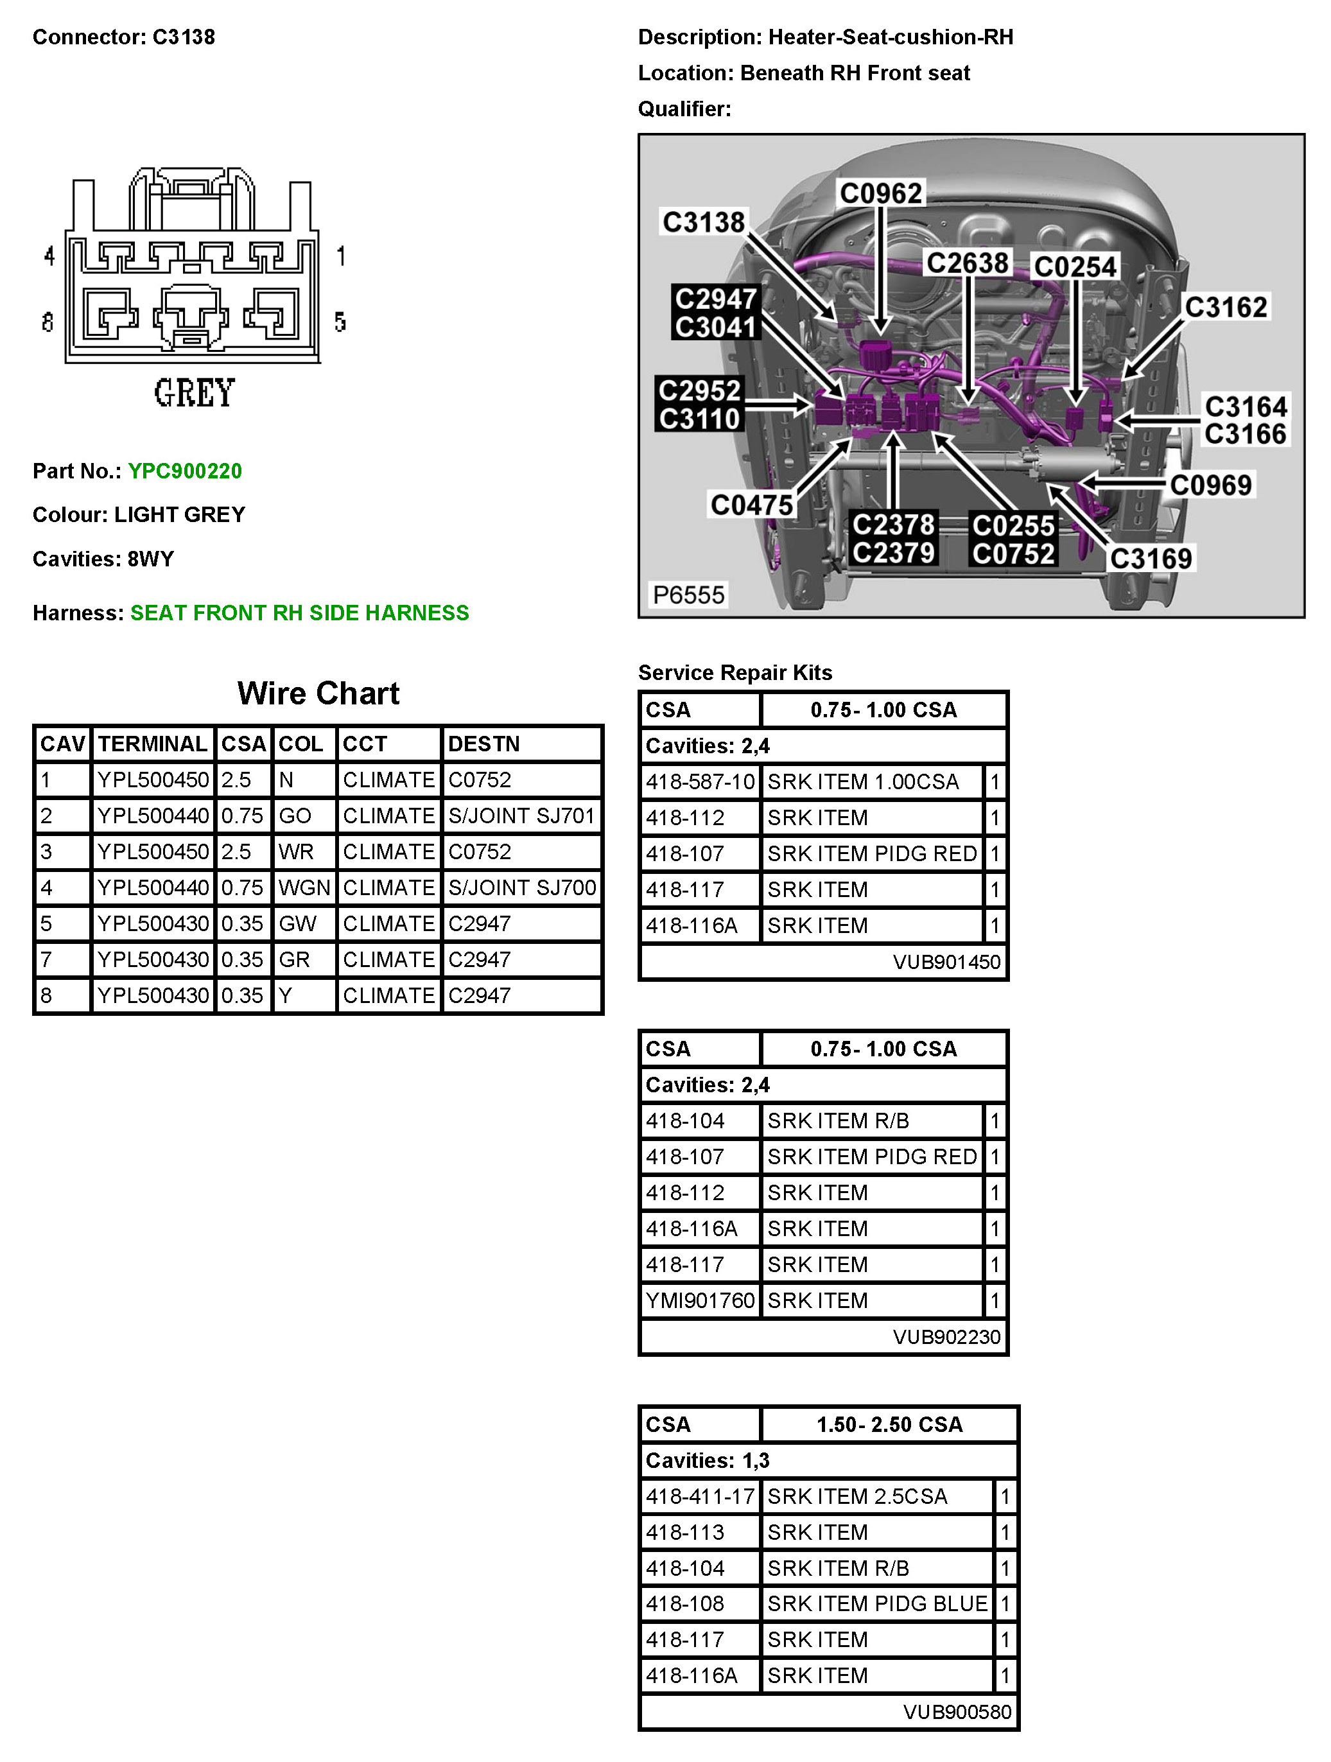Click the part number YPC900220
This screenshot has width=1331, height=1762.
(x=185, y=471)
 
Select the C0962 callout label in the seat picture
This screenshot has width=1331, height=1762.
(x=880, y=193)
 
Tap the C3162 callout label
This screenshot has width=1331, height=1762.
(x=1225, y=307)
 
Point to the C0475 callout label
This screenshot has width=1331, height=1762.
(x=751, y=504)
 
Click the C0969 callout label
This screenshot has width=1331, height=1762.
(x=1210, y=484)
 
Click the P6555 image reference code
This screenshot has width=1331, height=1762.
(x=688, y=594)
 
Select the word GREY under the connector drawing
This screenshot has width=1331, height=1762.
(x=195, y=393)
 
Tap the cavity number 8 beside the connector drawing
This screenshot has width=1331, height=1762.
(x=48, y=322)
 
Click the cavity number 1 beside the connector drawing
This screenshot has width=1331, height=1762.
(x=341, y=256)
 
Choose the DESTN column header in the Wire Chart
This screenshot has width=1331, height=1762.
(x=483, y=744)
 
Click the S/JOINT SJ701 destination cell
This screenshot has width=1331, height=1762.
(x=521, y=816)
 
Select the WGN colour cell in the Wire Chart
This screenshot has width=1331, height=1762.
(x=304, y=887)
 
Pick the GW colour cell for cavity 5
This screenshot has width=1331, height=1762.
(x=297, y=923)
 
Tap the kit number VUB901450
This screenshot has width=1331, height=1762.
(x=946, y=961)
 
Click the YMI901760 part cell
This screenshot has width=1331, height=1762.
(x=699, y=1300)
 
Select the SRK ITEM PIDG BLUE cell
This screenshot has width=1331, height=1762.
(x=876, y=1603)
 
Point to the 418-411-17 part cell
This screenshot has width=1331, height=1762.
(x=699, y=1496)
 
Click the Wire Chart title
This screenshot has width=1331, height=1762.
(x=318, y=693)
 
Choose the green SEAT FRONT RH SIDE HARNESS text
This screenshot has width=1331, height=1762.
(x=299, y=613)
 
